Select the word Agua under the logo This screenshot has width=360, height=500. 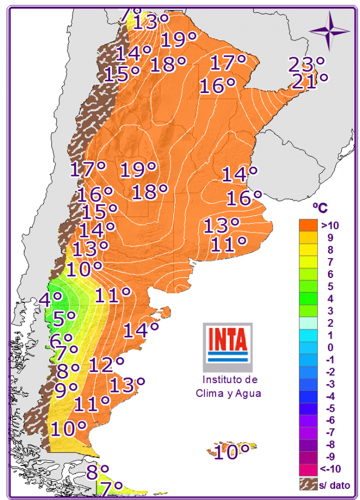(x=248, y=393)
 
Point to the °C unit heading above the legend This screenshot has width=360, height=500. (x=320, y=208)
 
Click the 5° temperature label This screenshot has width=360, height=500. (x=64, y=318)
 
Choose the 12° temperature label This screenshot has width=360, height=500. (x=106, y=364)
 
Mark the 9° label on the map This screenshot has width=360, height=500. (x=66, y=390)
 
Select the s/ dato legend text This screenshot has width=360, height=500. (x=334, y=485)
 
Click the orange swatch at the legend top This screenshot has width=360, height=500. (x=309, y=225)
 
